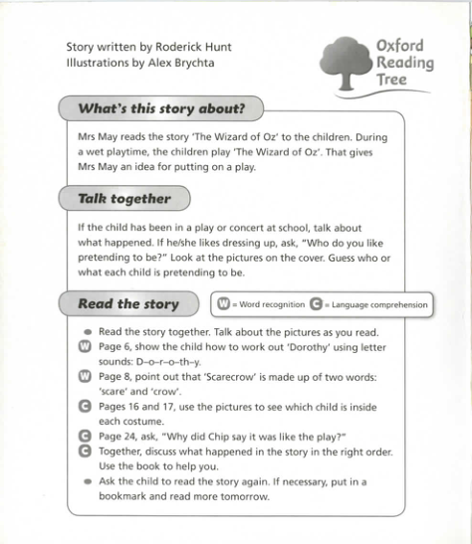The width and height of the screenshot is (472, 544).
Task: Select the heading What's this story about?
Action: point(161,107)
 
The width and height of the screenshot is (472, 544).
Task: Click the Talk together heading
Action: point(123,199)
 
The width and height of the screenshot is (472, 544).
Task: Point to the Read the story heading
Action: point(127,304)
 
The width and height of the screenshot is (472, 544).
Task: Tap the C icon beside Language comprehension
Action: point(317,304)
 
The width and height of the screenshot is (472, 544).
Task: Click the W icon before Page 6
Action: point(84,347)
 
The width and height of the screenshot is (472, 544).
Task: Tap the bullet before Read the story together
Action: point(88,332)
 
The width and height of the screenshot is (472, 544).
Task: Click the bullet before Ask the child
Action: point(88,482)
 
